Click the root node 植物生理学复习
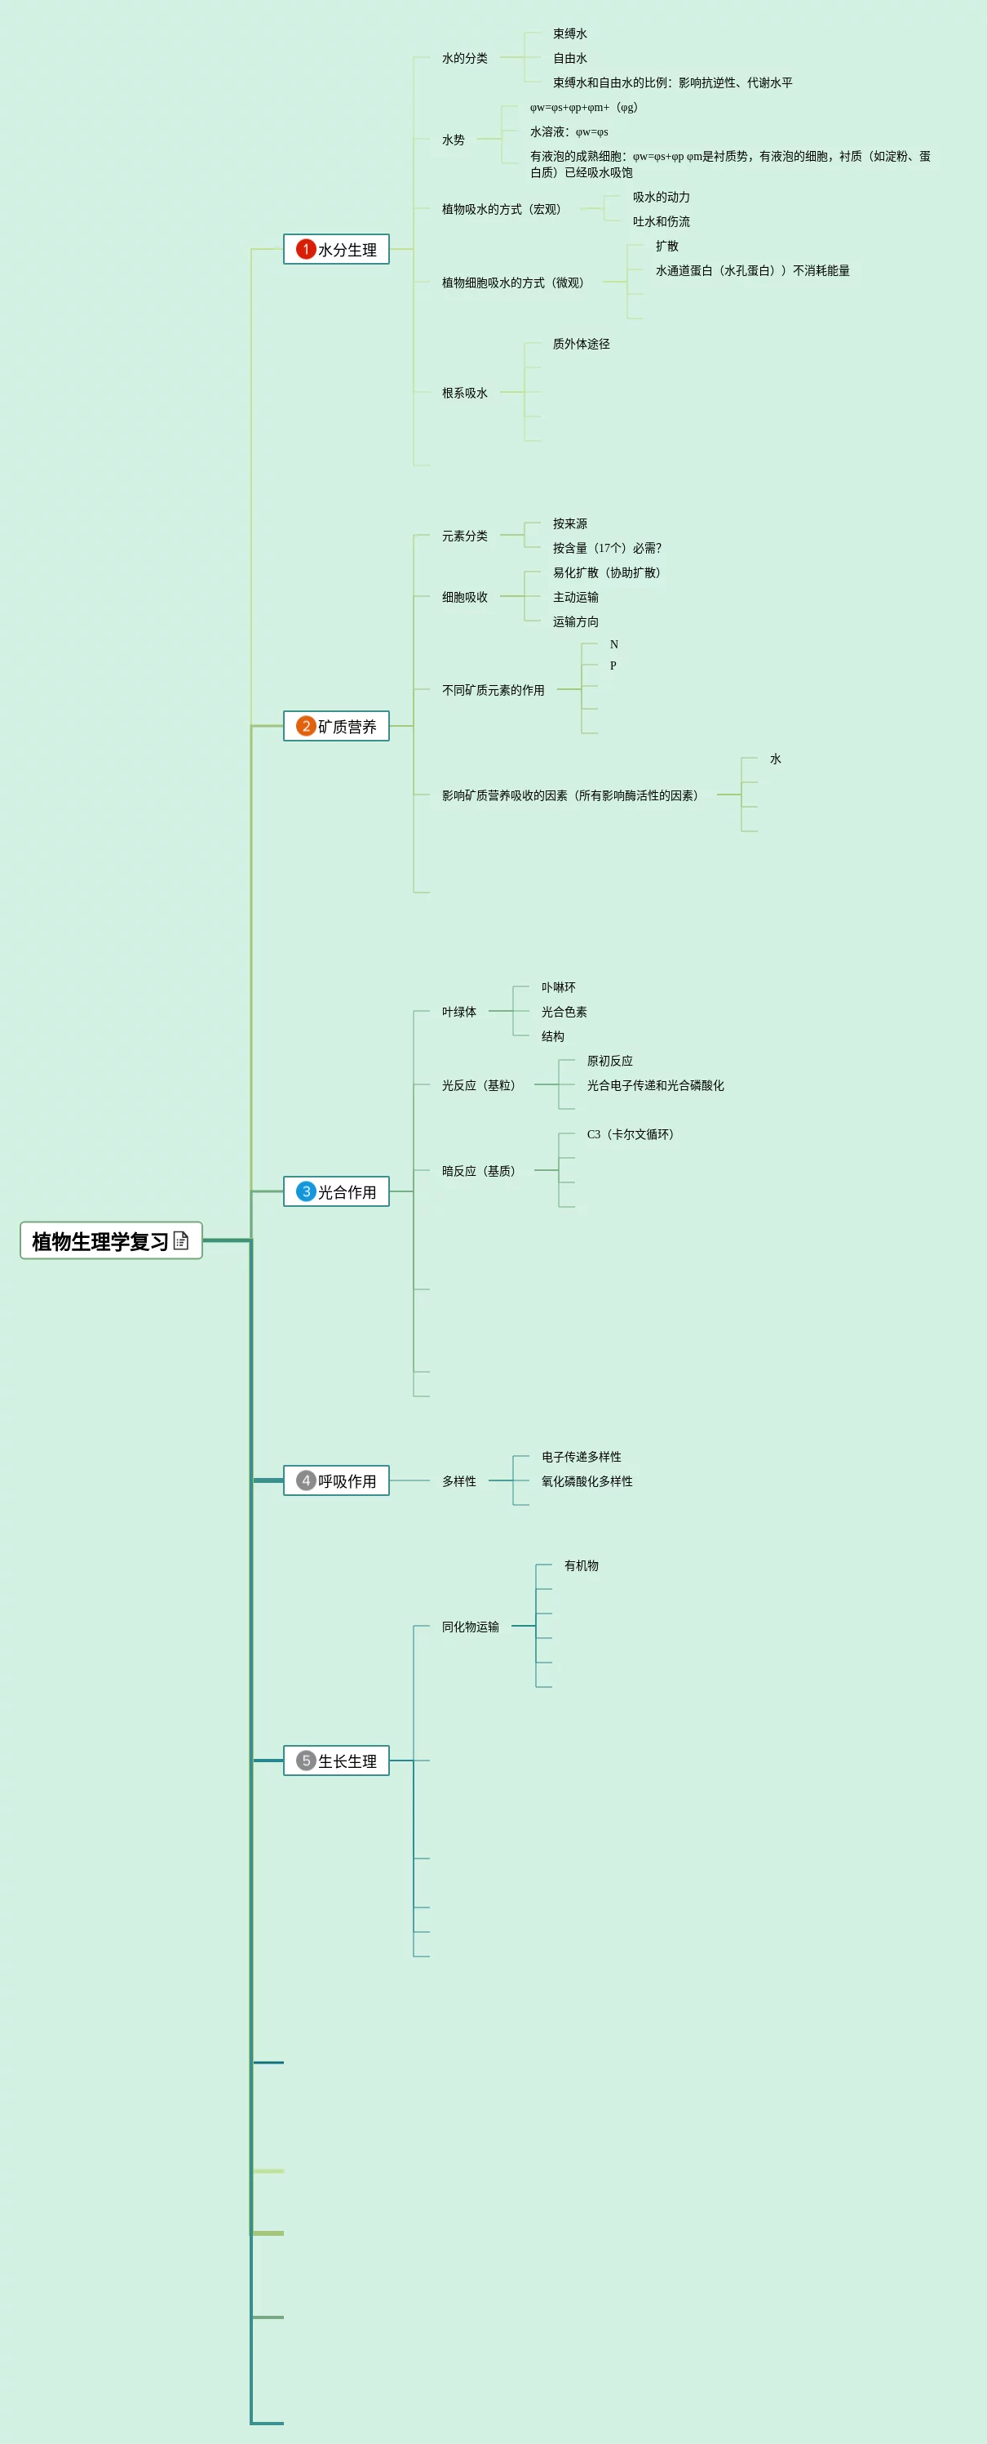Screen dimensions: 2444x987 [100, 1240]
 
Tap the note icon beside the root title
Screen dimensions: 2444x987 [181, 1240]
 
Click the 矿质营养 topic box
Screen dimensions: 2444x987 [337, 726]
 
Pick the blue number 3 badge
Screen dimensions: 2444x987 [305, 1191]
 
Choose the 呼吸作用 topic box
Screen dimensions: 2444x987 [337, 1480]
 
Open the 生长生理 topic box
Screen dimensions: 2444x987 [337, 1760]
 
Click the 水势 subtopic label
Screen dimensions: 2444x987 [454, 140]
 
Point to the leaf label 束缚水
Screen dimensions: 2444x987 [570, 33]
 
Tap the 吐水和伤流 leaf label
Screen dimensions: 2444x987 [661, 221]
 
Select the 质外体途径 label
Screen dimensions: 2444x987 [582, 344]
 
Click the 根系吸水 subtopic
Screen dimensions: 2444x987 [465, 393]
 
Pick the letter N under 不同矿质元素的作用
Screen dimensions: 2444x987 [613, 644]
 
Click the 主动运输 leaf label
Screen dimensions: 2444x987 [576, 597]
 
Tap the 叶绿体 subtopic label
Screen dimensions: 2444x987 [459, 1012]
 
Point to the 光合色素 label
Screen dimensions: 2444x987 [564, 1012]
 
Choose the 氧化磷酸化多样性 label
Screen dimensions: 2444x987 [586, 1481]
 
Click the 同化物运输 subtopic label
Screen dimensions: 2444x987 [471, 1626]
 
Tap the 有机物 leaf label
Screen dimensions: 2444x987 [582, 1565]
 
